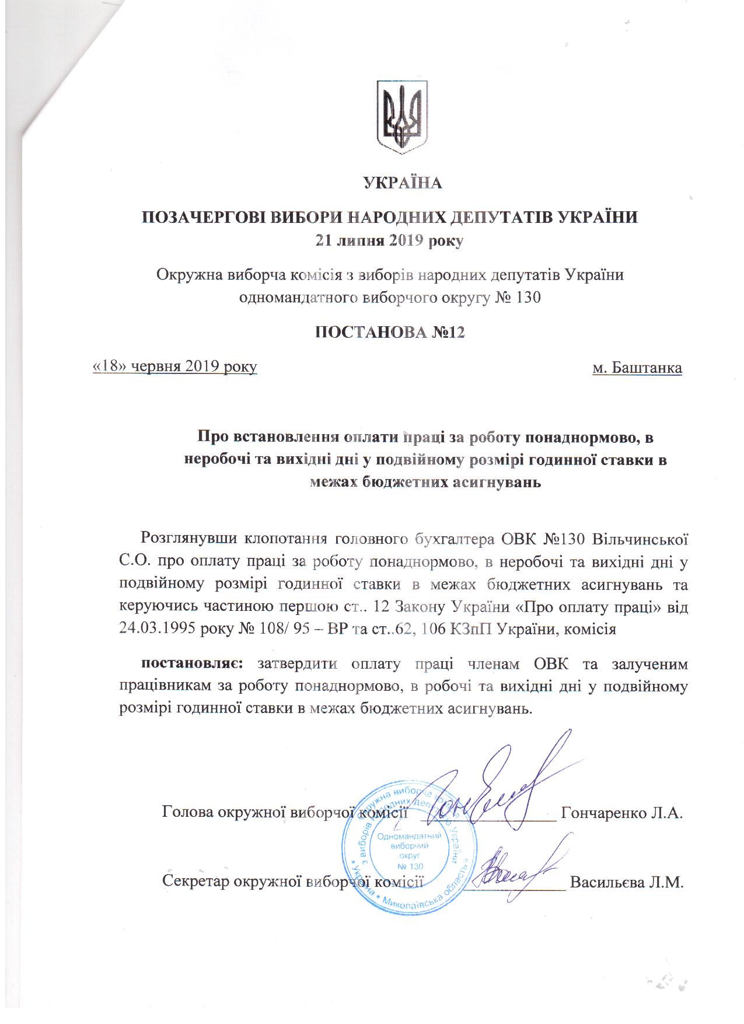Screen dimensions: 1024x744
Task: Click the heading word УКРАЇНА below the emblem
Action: pos(403,183)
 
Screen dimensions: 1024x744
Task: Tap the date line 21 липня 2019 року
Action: pos(389,240)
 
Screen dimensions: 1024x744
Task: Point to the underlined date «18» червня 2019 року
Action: pos(175,367)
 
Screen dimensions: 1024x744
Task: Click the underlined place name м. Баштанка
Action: pos(637,368)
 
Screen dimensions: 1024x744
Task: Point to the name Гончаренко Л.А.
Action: pos(621,813)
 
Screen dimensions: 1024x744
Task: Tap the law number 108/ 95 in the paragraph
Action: pos(280,630)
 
